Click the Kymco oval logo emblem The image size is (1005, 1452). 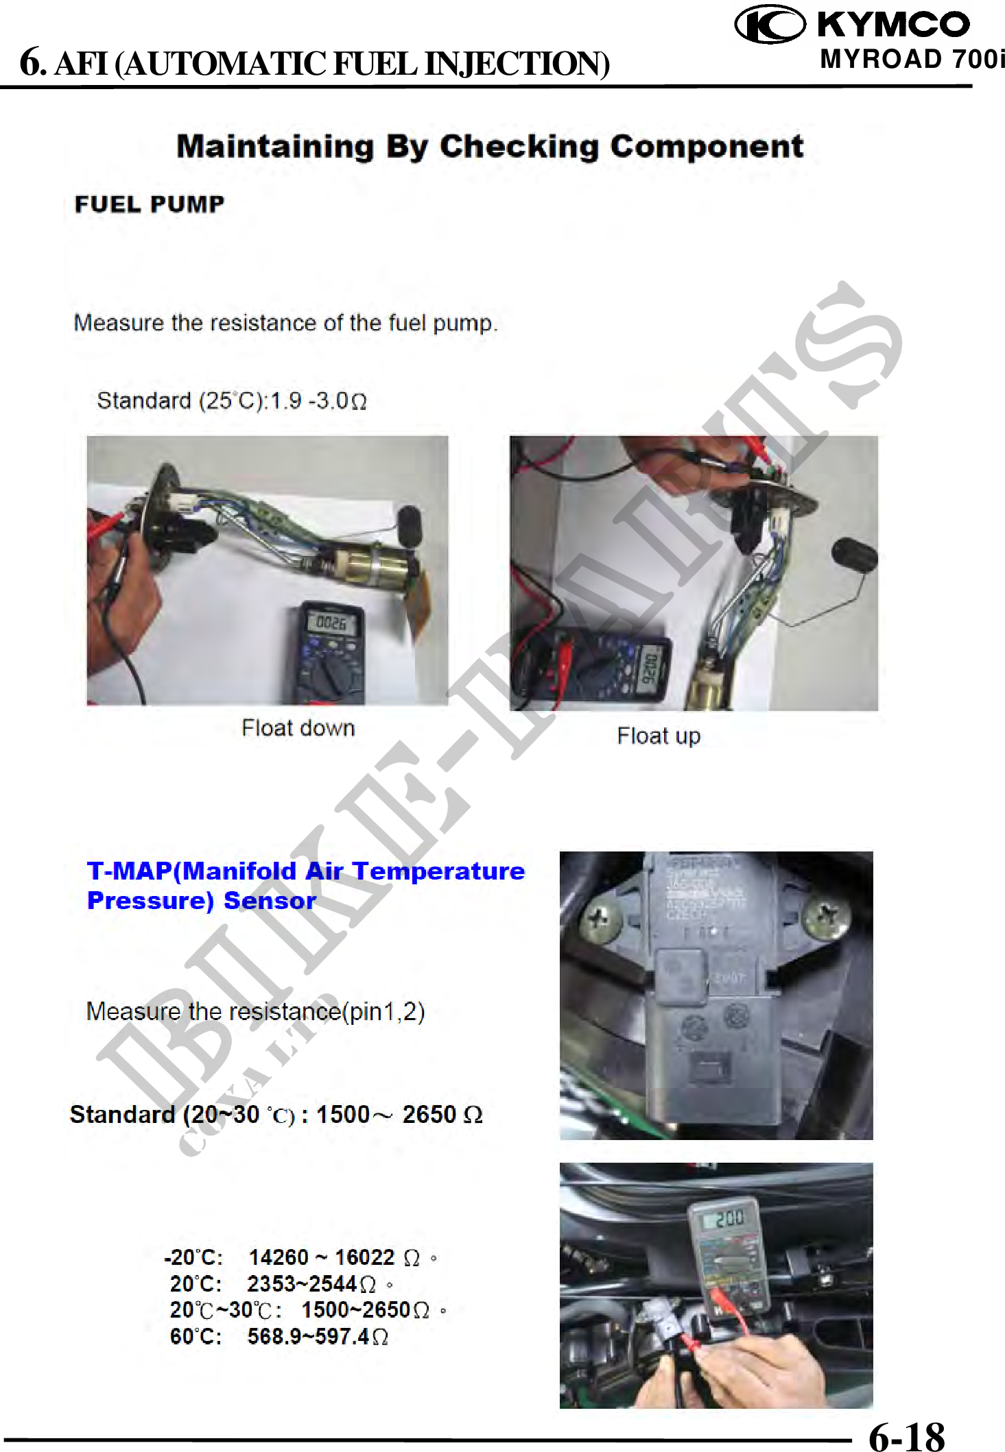pyautogui.click(x=770, y=25)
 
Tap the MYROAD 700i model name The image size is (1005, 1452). pyautogui.click(x=912, y=60)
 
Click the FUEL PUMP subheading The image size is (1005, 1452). pyautogui.click(x=150, y=204)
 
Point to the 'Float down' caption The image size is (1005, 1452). pyautogui.click(x=298, y=728)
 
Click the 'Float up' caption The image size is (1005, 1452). pyautogui.click(x=659, y=736)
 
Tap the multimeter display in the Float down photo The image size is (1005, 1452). pyautogui.click(x=331, y=622)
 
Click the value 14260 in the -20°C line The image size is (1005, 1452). pyautogui.click(x=279, y=1257)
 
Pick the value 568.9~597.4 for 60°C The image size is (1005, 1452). pyautogui.click(x=309, y=1336)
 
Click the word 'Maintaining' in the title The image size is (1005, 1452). pyautogui.click(x=275, y=147)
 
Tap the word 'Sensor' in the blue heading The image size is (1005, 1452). pyautogui.click(x=270, y=901)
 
